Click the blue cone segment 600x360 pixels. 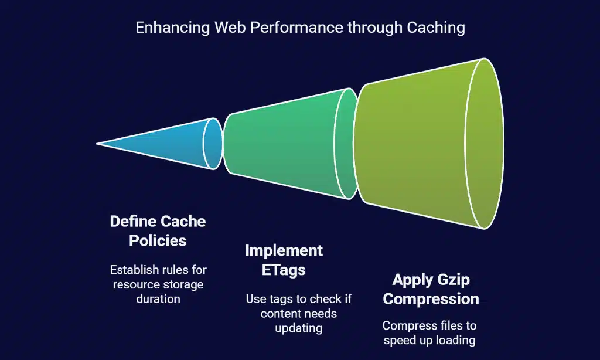coord(170,143)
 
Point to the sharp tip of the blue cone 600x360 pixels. coord(98,143)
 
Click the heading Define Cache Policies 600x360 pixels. coord(158,230)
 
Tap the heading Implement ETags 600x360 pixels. coord(284,260)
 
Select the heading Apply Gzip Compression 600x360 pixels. coord(431,289)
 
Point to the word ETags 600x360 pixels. coord(284,270)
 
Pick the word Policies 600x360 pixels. coord(158,240)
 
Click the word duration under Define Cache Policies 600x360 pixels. coord(158,298)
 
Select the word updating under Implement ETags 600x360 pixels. coord(299,328)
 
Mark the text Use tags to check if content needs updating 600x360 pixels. coord(299,314)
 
